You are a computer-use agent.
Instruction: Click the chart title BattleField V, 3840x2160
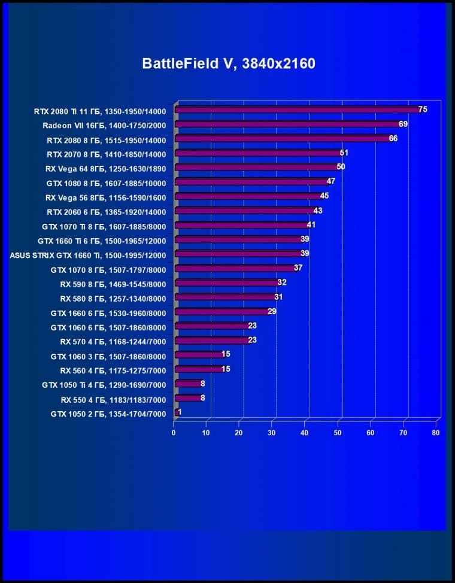(228, 63)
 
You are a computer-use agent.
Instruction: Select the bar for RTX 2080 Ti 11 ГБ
(298, 110)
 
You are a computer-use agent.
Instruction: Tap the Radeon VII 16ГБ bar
(288, 125)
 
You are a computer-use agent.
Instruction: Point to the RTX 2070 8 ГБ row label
(106, 154)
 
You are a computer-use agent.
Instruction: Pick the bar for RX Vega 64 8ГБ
(257, 168)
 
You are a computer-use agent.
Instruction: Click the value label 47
(330, 181)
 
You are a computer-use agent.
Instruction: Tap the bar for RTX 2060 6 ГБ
(245, 211)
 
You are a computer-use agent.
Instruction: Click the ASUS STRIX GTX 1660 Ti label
(88, 255)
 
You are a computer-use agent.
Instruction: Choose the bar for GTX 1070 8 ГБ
(235, 269)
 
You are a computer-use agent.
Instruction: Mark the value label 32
(282, 282)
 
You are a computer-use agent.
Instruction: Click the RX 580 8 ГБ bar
(225, 297)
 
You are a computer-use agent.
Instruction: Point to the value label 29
(272, 311)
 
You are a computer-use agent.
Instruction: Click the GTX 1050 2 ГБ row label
(108, 414)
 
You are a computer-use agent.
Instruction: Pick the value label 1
(180, 412)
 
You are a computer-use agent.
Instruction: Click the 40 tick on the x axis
(305, 432)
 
